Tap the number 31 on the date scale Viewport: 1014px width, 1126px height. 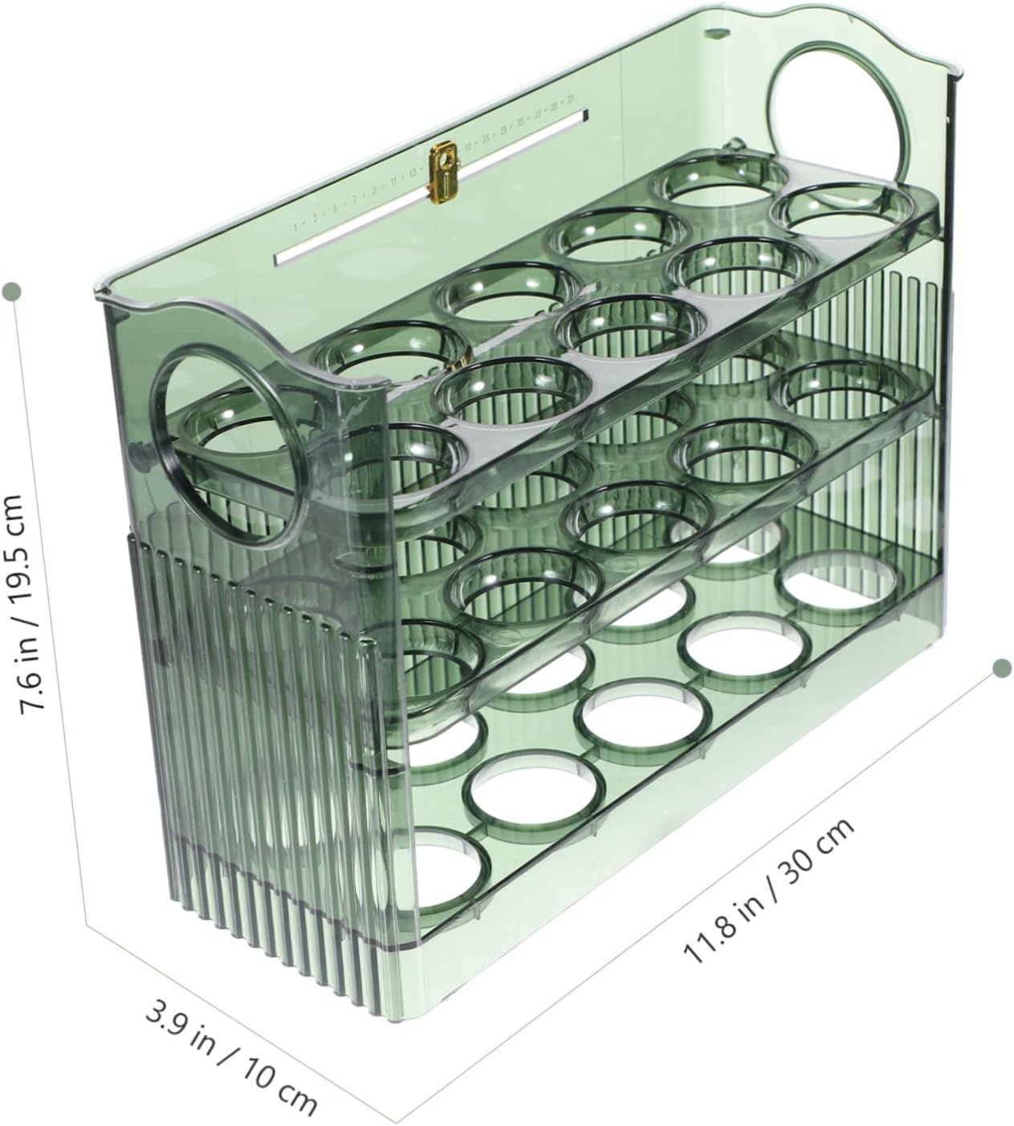569,100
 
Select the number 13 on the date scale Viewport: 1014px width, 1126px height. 413,171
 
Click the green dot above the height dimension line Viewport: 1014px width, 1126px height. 11,290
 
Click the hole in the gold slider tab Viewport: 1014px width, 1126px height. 441,161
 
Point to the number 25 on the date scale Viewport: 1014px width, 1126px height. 520,122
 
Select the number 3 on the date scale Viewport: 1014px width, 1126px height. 314,217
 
